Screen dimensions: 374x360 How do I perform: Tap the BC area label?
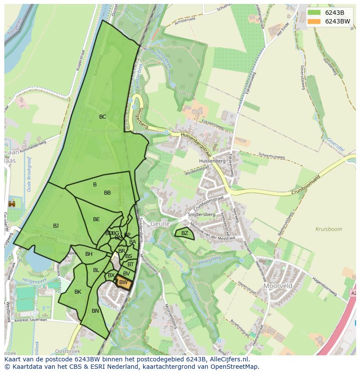(x=103, y=117)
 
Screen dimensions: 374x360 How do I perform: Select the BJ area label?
(x=56, y=226)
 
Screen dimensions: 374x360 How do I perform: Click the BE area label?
(x=97, y=219)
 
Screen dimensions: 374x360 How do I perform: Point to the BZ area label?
(x=185, y=233)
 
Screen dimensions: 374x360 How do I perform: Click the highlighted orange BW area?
(x=123, y=283)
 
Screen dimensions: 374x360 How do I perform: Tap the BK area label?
(x=78, y=292)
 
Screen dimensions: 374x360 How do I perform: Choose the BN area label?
(x=95, y=311)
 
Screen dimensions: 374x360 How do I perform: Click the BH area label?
(x=89, y=254)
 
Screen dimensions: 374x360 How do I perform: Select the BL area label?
(x=96, y=270)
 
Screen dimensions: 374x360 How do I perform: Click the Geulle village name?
(x=160, y=224)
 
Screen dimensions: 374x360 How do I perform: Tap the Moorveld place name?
(x=278, y=286)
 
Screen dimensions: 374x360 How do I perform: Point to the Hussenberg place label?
(x=211, y=161)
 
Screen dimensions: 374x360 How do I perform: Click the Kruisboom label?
(x=329, y=229)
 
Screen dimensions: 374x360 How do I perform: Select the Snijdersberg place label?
(x=202, y=214)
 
